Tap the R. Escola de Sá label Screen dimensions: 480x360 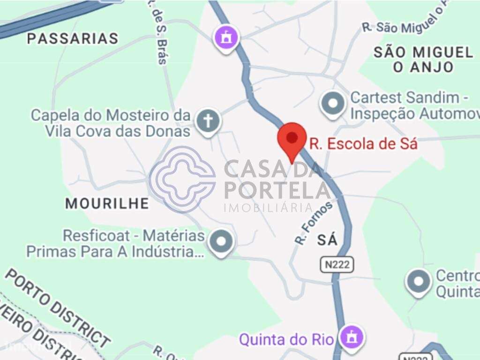click(x=363, y=144)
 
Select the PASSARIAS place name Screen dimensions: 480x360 click(x=73, y=38)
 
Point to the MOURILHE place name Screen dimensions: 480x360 click(x=107, y=203)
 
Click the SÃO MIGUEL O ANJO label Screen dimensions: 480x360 click(x=423, y=59)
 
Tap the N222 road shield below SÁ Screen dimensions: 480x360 click(x=337, y=265)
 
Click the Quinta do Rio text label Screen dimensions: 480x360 click(x=286, y=339)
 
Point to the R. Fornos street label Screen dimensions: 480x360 click(x=313, y=222)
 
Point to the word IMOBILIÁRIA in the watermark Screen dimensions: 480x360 click(x=268, y=208)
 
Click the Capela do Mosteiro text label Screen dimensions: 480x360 click(x=111, y=122)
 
